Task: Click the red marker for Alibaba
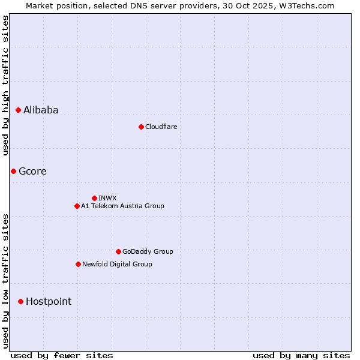pos(19,110)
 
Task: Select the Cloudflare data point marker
pos(141,127)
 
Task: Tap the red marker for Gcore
pos(13,171)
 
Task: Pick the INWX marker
pos(94,198)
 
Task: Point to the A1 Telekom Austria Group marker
pos(77,206)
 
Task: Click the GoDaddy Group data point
pos(118,251)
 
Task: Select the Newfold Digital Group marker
pos(78,264)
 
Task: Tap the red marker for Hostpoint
pos(20,301)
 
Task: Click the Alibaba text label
pos(41,110)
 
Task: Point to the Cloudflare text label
pos(161,127)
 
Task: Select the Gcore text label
pos(32,171)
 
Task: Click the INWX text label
pos(107,198)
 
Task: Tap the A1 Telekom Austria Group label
pos(122,206)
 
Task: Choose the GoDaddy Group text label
pos(148,251)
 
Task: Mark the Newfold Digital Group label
pos(117,264)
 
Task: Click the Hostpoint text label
pos(49,301)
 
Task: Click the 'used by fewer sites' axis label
pos(62,355)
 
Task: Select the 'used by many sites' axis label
pos(301,355)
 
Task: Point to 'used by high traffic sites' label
pos(6,85)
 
